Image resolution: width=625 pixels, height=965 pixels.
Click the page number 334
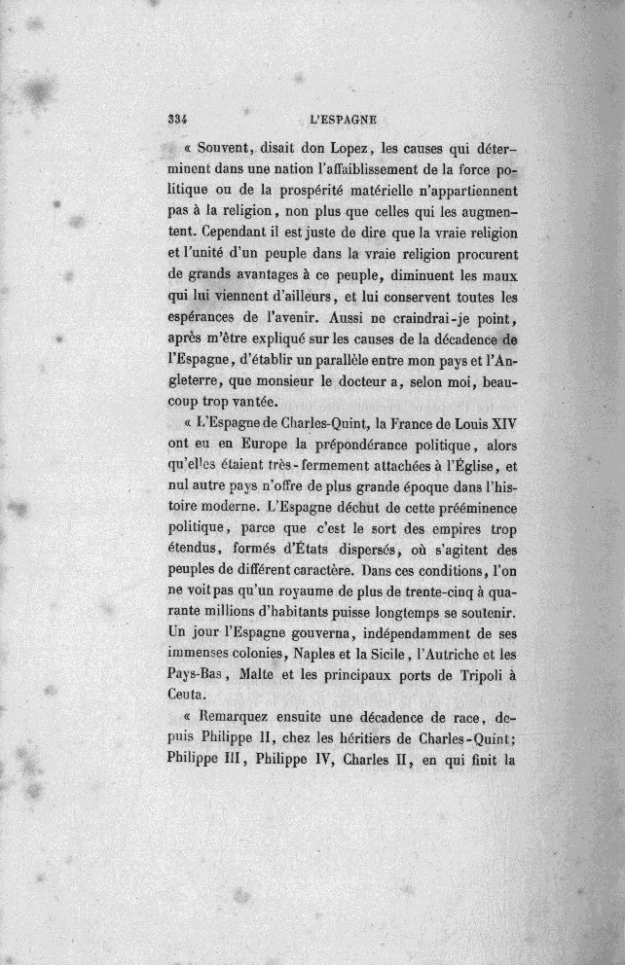tap(176, 122)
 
